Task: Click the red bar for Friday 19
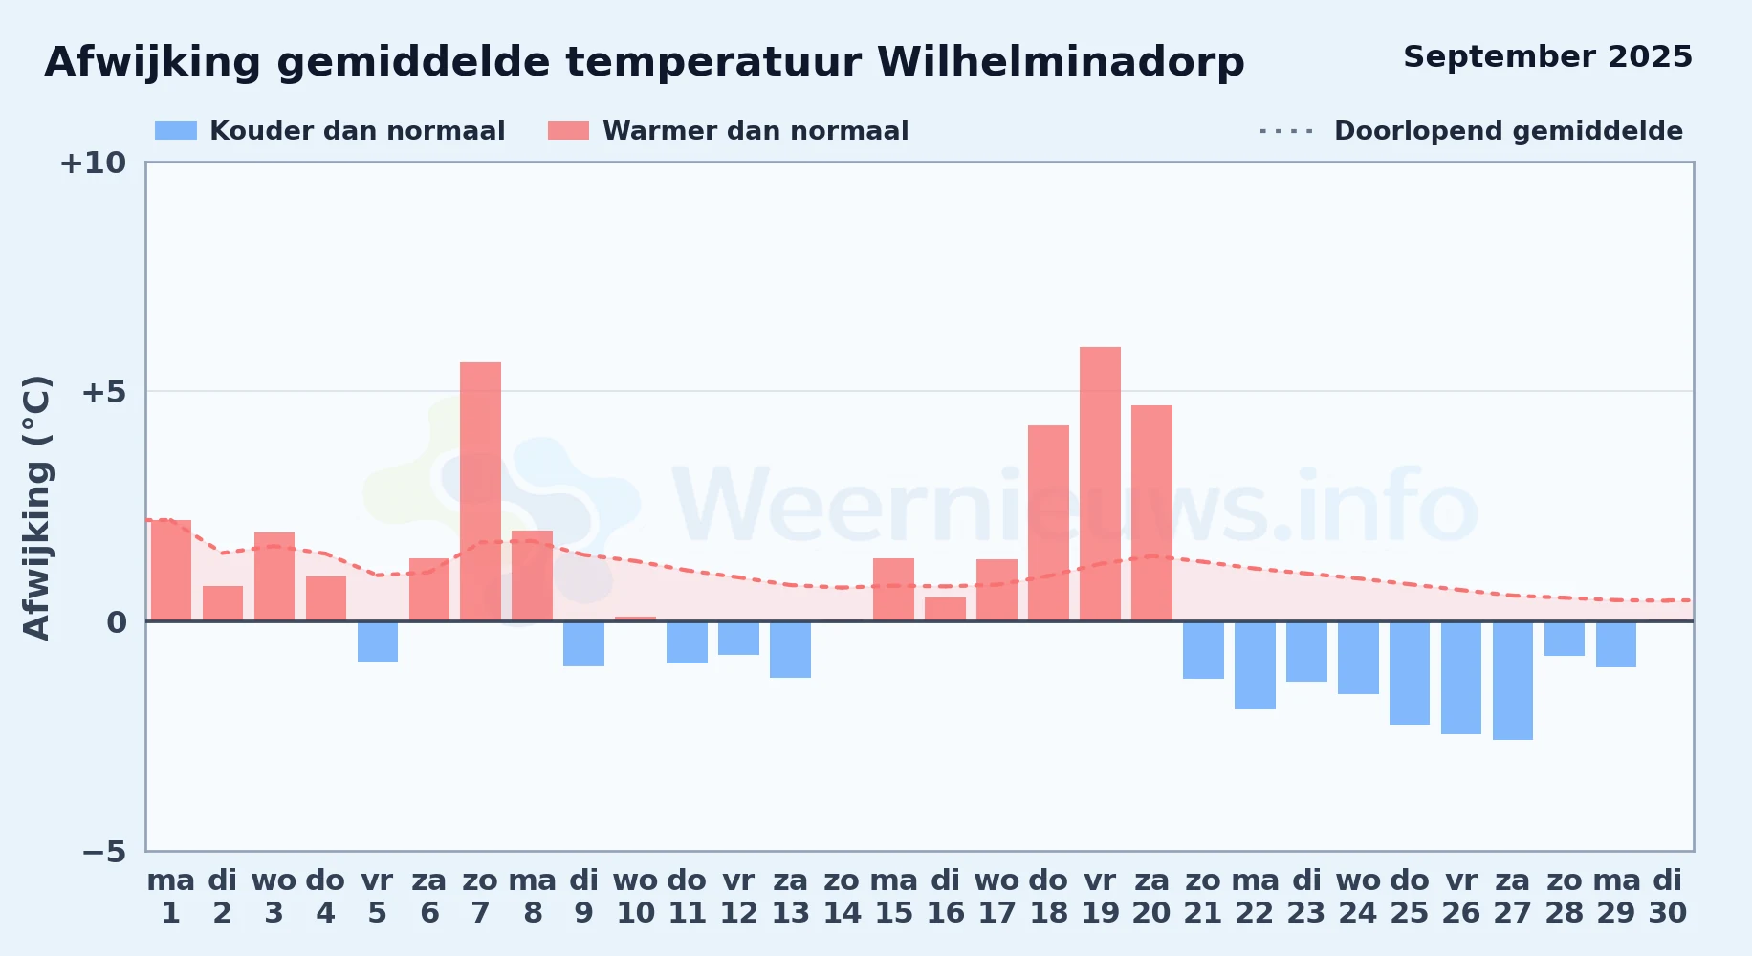[x=1100, y=484]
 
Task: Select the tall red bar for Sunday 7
[x=480, y=491]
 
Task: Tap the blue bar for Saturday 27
[x=1513, y=681]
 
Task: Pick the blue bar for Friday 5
[x=378, y=641]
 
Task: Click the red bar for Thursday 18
[x=1048, y=523]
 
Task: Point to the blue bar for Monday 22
[x=1255, y=665]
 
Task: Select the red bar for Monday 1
[x=171, y=571]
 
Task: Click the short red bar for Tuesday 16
[x=945, y=609]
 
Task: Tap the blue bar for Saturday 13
[x=790, y=649]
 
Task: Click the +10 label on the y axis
[x=93, y=163]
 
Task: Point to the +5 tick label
[x=104, y=392]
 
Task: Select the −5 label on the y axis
[x=104, y=851]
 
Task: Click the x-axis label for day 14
[x=842, y=897]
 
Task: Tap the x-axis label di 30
[x=1668, y=897]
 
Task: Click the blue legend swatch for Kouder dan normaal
[x=176, y=131]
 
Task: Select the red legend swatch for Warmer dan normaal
[x=569, y=131]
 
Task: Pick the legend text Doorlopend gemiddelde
[x=1508, y=131]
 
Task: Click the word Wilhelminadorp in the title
[x=1061, y=62]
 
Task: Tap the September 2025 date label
[x=1547, y=56]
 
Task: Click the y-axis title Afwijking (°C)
[x=36, y=507]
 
